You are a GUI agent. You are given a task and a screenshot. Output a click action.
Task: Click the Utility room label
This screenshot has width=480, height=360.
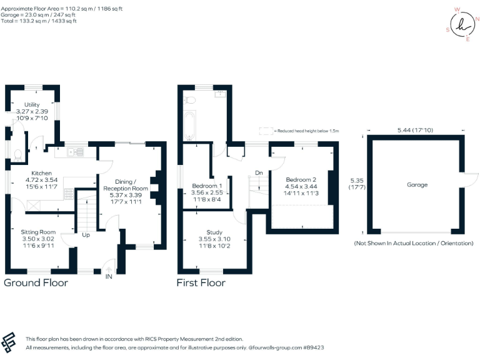32,104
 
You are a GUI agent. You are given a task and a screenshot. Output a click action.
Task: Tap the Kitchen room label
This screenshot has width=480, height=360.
42,172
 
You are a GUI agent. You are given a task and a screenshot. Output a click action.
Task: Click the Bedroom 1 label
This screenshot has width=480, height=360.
206,186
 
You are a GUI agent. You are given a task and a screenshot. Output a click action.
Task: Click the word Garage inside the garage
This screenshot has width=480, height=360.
417,184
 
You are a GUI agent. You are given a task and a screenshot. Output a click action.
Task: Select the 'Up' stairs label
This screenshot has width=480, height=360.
86,235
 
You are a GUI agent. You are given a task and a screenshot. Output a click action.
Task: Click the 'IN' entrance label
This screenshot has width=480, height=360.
109,276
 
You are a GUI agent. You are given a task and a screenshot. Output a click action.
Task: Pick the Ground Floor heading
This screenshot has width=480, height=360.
36,282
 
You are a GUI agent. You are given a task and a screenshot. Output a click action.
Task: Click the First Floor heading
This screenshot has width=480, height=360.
201,282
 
